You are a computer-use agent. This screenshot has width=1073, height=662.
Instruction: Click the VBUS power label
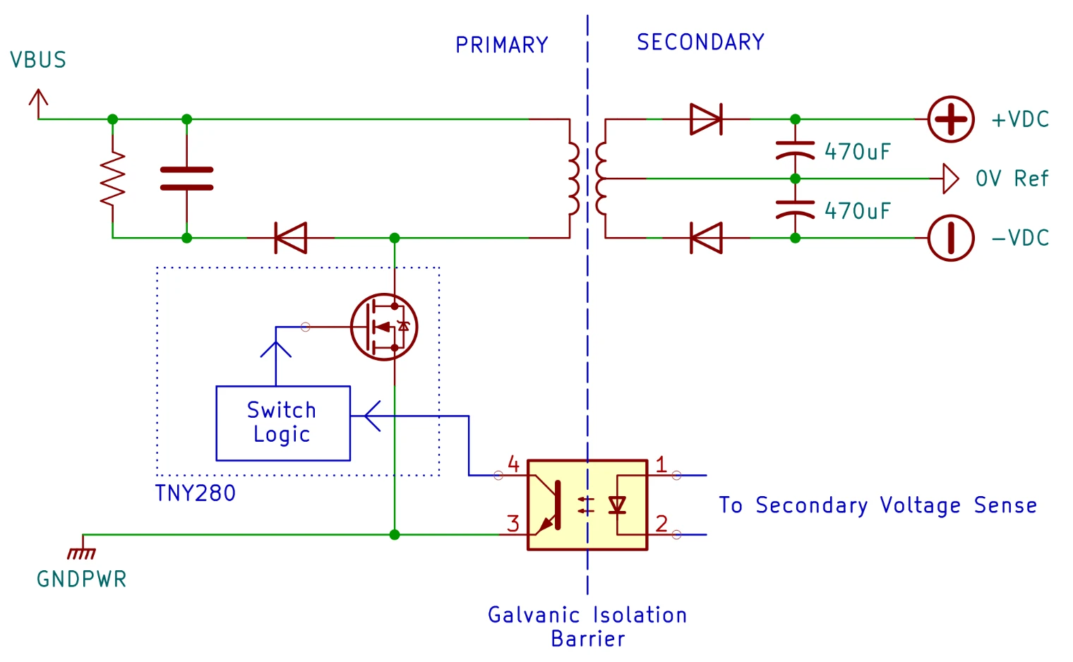pyautogui.click(x=38, y=60)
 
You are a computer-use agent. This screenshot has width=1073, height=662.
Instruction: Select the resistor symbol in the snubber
pyautogui.click(x=113, y=179)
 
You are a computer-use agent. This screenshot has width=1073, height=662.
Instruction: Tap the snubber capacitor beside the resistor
pyautogui.click(x=186, y=179)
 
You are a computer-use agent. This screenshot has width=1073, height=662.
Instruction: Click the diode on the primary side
pyautogui.click(x=290, y=238)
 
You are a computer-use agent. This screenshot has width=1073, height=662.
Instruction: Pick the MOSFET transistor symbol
pyautogui.click(x=384, y=327)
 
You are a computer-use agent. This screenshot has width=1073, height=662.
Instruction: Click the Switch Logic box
pyautogui.click(x=283, y=423)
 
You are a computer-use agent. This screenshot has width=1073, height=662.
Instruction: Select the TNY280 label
pyautogui.click(x=196, y=493)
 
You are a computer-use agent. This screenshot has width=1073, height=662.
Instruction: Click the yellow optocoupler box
pyautogui.click(x=587, y=505)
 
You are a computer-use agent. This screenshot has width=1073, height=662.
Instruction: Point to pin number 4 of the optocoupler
pyautogui.click(x=513, y=464)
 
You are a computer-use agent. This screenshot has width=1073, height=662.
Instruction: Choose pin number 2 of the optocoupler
pyautogui.click(x=661, y=523)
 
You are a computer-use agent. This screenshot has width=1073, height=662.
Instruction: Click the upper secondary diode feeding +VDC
pyautogui.click(x=705, y=119)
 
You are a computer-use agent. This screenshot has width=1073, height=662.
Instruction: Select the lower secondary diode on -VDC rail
pyautogui.click(x=705, y=238)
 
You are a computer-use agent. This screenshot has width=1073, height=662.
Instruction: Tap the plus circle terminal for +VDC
pyautogui.click(x=950, y=119)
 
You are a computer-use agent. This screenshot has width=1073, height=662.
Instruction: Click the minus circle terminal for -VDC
pyautogui.click(x=950, y=238)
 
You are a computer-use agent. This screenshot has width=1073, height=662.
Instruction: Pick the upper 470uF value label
pyautogui.click(x=858, y=152)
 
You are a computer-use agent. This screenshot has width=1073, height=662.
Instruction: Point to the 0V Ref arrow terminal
pyautogui.click(x=950, y=179)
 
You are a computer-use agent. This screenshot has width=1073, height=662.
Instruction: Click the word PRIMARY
pyautogui.click(x=502, y=45)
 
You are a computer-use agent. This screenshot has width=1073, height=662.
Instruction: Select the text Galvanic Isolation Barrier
pyautogui.click(x=587, y=626)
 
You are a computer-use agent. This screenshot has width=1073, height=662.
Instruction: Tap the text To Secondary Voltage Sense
pyautogui.click(x=877, y=505)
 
